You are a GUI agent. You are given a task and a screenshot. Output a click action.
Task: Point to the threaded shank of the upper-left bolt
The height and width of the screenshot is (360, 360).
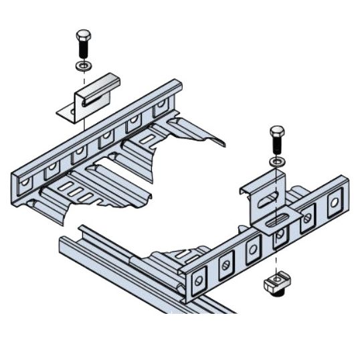click(82, 50)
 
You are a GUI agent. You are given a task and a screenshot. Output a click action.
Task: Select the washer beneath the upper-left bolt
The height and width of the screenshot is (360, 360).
click(82, 66)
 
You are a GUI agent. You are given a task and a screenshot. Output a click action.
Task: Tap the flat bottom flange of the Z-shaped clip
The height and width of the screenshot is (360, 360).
click(67, 114)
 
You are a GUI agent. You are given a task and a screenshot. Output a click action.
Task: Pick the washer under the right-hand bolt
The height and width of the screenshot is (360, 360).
click(276, 162)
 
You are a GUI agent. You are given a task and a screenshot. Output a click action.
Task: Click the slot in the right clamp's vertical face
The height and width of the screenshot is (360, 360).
click(269, 198)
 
